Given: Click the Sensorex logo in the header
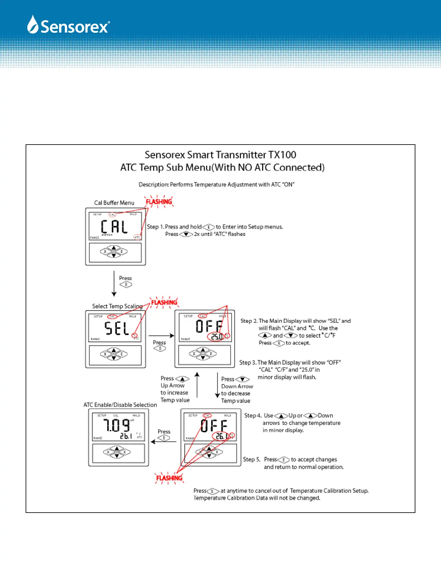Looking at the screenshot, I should pos(68,25).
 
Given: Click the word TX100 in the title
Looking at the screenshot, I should pos(282,155).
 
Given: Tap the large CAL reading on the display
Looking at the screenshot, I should pos(114,227).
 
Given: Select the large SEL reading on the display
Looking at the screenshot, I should pos(117,328).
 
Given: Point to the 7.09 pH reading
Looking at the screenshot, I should pos(116,425).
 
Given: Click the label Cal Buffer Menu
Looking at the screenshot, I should pos(114,203).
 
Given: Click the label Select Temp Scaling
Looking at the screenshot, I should pos(117,306).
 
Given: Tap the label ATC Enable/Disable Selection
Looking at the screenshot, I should pos(120,405).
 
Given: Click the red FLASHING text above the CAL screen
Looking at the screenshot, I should pos(159,202).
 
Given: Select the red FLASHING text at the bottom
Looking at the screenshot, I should pos(169,478).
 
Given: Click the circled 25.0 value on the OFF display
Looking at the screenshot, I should pos(217,337).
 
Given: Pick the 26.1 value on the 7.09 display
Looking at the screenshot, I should pos(126,436).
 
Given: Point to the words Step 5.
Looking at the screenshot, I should pos(251,459).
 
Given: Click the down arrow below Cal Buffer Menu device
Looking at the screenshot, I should pos(114,283).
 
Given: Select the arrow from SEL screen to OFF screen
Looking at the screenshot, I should pos(161,336).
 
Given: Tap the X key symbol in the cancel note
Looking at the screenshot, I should pos(213,491).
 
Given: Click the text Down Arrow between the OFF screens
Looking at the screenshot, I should pos(237,386).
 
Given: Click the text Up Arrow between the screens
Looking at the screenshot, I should pos(173,385).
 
